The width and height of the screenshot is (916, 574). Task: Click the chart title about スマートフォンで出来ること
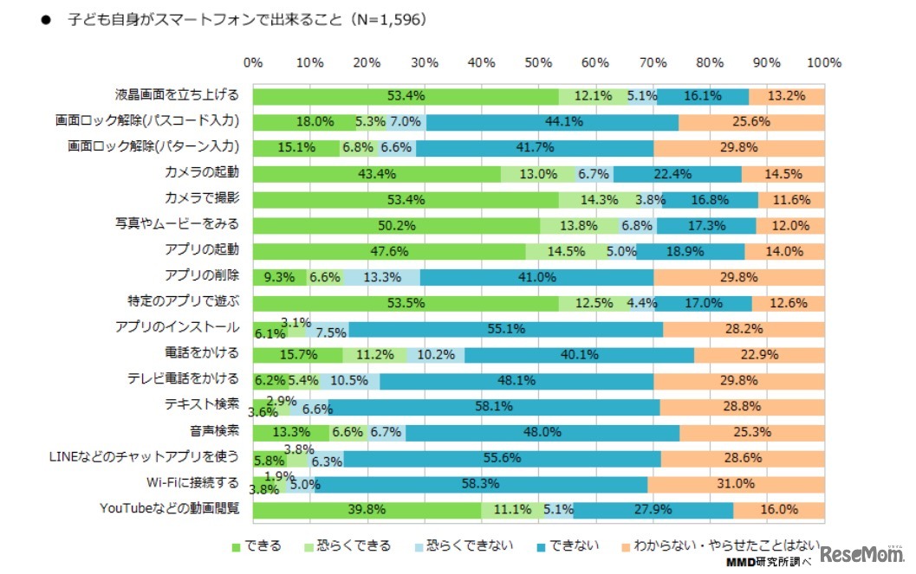pos(247,19)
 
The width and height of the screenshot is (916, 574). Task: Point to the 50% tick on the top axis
pos(538,62)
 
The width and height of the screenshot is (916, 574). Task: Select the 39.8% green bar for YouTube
pos(367,510)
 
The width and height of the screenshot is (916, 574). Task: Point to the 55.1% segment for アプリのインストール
pos(506,328)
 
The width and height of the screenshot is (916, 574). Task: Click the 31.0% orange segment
pos(736,484)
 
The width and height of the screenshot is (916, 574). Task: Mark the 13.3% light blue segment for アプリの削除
pos(381,277)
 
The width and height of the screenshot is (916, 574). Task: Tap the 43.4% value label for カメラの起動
pos(377,173)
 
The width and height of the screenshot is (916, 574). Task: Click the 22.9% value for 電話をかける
pos(759,354)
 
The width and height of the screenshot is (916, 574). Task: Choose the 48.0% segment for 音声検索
pos(542,432)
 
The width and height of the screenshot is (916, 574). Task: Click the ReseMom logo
pos(862,555)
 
